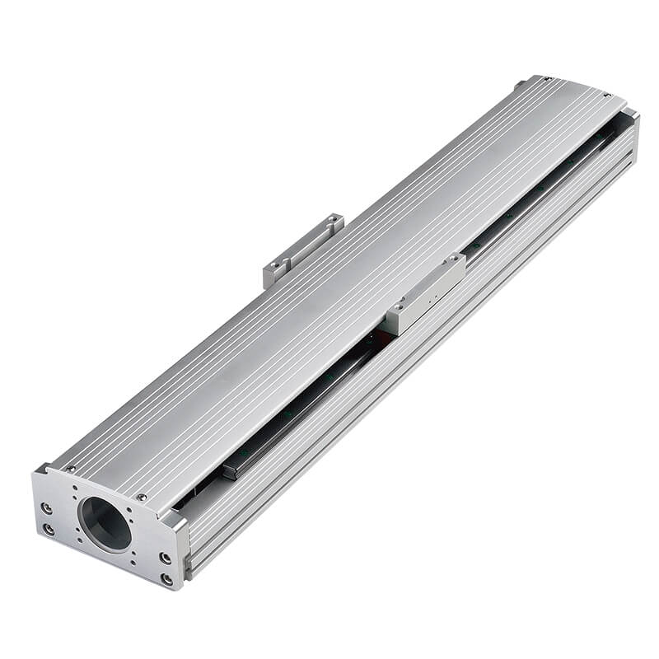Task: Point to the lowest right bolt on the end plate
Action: pyautogui.click(x=166, y=579)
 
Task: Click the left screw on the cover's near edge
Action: pyautogui.click(x=69, y=469)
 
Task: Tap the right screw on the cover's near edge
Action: pyautogui.click(x=142, y=498)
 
